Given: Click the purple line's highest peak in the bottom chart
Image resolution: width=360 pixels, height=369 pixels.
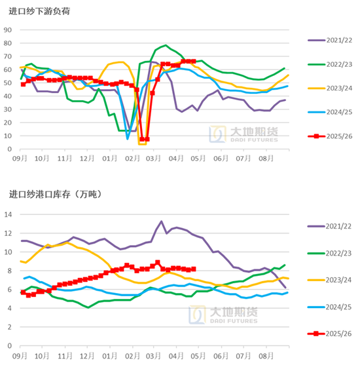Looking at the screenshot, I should (x=162, y=222).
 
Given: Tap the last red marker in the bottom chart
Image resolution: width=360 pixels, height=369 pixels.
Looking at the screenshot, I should (x=194, y=269).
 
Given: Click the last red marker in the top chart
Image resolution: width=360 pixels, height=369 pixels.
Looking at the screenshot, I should (x=193, y=62).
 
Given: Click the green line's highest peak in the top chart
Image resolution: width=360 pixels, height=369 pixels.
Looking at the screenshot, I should (x=166, y=46).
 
